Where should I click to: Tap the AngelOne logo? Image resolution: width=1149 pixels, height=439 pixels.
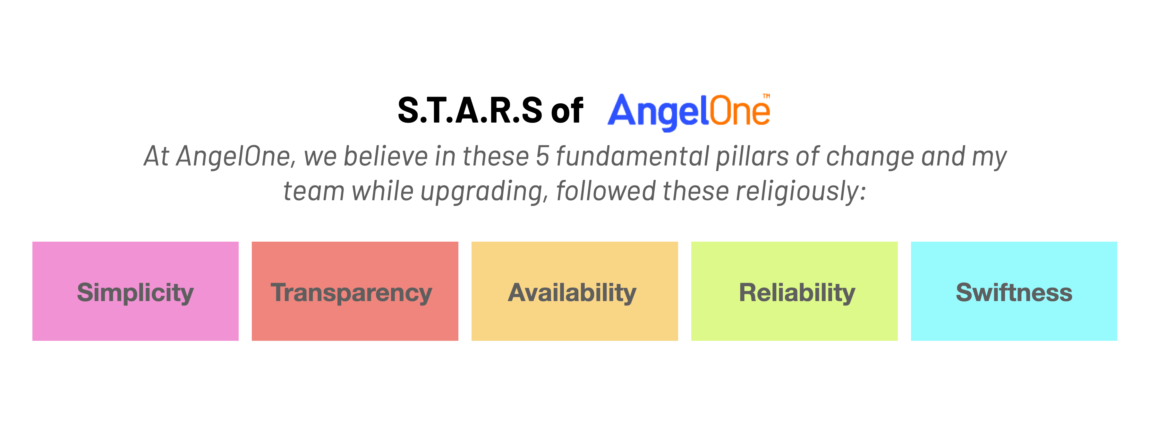click(x=689, y=112)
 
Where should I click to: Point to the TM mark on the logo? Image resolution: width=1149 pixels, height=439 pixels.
click(x=766, y=96)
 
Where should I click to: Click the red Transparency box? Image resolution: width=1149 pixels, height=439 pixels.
click(x=355, y=291)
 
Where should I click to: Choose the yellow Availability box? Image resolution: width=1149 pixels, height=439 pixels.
click(x=574, y=291)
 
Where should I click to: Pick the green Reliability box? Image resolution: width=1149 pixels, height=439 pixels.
click(x=795, y=291)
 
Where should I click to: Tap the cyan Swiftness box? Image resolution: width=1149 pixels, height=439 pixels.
click(x=1014, y=291)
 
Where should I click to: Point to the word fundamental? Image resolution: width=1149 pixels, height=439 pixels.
click(x=633, y=156)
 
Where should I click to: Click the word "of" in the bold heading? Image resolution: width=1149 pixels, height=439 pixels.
click(x=567, y=110)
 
